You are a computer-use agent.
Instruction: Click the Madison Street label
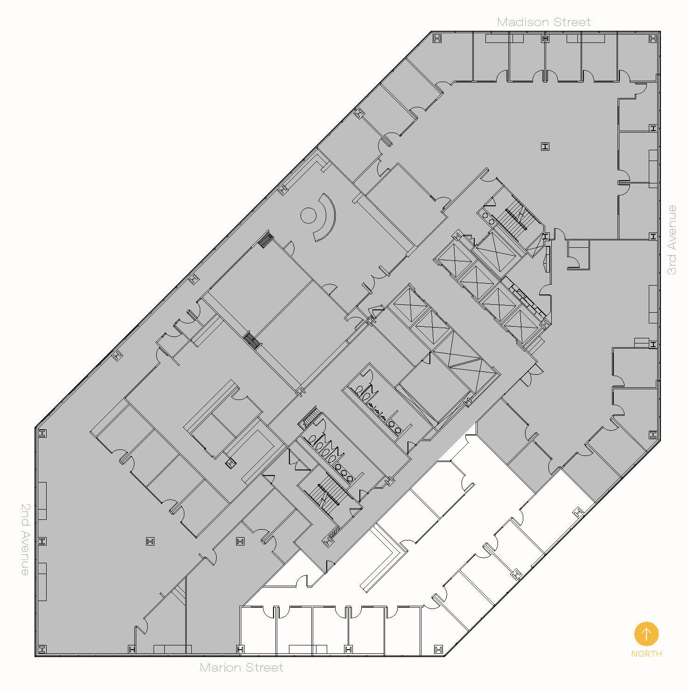(544, 22)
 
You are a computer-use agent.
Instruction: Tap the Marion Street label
(241, 667)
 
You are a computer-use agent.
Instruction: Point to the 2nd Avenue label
(25, 539)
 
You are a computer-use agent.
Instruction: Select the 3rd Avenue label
(672, 239)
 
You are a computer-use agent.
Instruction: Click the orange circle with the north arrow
(646, 634)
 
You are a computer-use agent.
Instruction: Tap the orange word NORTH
(646, 654)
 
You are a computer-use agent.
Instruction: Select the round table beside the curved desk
(308, 215)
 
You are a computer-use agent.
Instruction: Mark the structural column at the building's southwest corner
(42, 649)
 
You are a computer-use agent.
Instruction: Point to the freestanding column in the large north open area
(545, 147)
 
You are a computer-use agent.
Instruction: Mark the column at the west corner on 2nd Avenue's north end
(42, 434)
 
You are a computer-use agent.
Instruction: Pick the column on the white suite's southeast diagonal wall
(578, 512)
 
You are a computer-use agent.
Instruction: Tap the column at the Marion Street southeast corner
(438, 649)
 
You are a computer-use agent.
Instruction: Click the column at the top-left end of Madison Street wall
(437, 39)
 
